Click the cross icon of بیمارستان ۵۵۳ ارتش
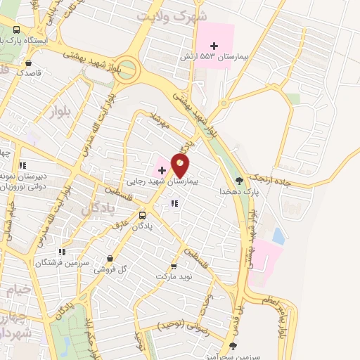(214, 46)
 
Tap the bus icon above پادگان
(142, 215)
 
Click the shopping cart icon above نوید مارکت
(174, 266)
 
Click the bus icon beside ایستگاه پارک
(17, 30)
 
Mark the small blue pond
(278, 236)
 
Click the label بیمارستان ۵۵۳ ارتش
(221, 56)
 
